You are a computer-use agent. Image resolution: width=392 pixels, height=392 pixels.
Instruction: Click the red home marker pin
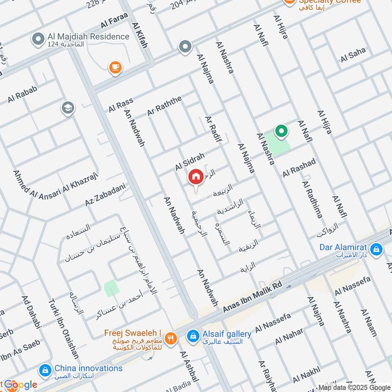pyautogui.click(x=196, y=177)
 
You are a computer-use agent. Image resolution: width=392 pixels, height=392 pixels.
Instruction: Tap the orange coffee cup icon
pyautogui.click(x=115, y=68)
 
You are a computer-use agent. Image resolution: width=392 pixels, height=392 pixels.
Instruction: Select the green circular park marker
pyautogui.click(x=281, y=131)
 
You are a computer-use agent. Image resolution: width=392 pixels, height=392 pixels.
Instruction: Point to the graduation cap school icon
pyautogui.click(x=68, y=108)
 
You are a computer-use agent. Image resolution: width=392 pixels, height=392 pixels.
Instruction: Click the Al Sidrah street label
pyautogui.click(x=190, y=161)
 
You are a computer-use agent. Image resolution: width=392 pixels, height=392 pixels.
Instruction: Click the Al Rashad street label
pyautogui.click(x=299, y=168)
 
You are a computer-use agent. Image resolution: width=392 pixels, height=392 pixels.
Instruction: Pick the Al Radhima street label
pyautogui.click(x=312, y=200)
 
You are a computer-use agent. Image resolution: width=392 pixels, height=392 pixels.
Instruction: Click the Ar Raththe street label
pyautogui.click(x=164, y=106)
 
